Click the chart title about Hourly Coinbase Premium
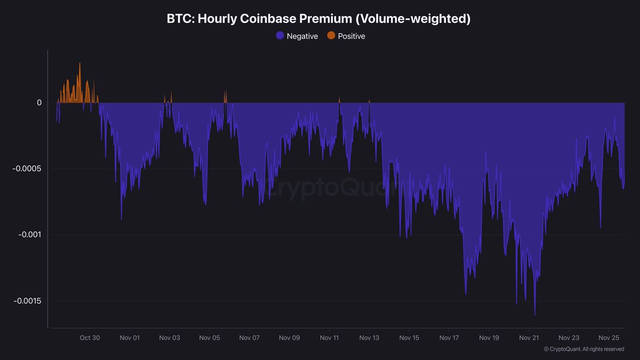(x=319, y=19)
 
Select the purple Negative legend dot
(x=280, y=36)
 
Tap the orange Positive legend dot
(x=331, y=36)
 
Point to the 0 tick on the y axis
(x=39, y=102)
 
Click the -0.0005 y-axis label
(x=27, y=169)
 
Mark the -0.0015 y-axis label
(x=27, y=301)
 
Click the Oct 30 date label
(x=89, y=338)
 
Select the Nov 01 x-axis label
(x=130, y=338)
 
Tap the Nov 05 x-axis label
(x=210, y=338)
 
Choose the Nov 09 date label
(x=289, y=338)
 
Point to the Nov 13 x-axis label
(x=369, y=338)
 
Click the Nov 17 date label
(x=449, y=338)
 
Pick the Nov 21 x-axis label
(x=529, y=338)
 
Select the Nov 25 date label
(x=609, y=338)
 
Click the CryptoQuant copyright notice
(x=583, y=349)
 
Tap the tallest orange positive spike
(x=80, y=64)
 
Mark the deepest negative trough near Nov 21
(x=534, y=314)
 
